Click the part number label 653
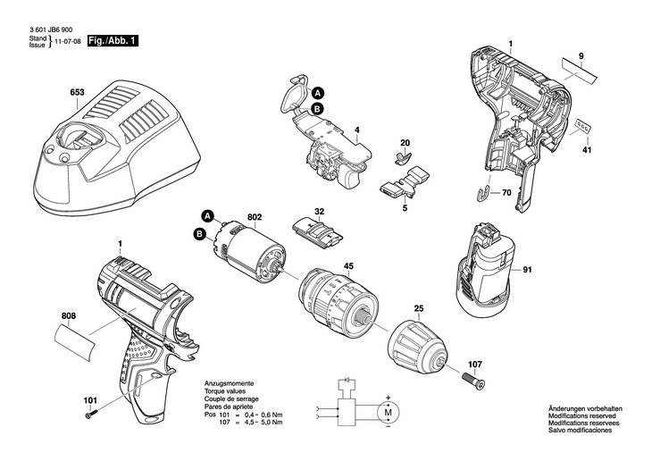[77, 92]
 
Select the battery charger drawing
[117, 146]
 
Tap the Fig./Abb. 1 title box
[113, 41]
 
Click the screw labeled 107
[473, 380]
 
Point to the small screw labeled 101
[91, 414]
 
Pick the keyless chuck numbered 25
[418, 347]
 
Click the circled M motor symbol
[388, 413]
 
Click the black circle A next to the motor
[208, 216]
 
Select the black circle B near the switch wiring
[318, 109]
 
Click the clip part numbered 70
[482, 194]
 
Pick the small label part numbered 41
[582, 127]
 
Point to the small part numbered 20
[402, 156]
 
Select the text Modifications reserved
[582, 415]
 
